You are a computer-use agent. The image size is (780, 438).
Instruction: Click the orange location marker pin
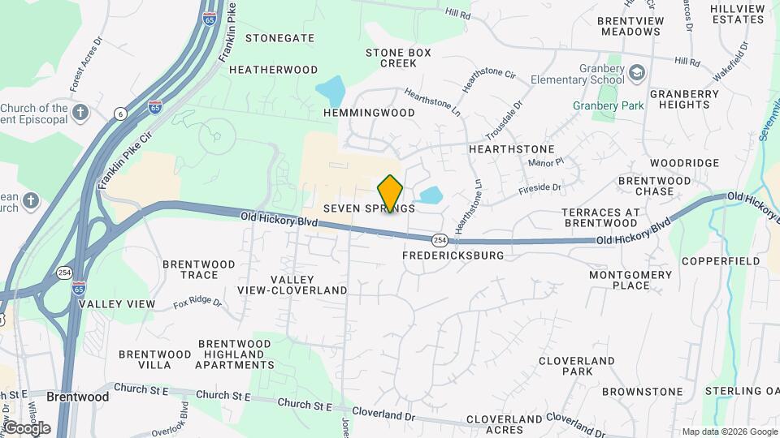click(x=390, y=194)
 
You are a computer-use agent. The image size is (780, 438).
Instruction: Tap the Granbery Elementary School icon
click(x=636, y=73)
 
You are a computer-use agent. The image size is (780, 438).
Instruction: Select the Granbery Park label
click(x=608, y=105)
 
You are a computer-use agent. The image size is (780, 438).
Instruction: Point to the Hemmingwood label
click(x=369, y=113)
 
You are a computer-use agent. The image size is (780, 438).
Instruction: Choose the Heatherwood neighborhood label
click(x=273, y=70)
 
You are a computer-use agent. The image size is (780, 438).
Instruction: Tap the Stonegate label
click(x=279, y=38)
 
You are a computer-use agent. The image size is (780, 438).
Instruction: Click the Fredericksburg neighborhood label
click(x=453, y=255)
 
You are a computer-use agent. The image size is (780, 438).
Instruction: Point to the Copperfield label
click(x=720, y=261)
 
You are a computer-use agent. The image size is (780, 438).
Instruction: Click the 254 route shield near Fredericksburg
click(x=439, y=240)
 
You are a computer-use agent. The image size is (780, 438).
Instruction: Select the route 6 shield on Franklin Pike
click(x=121, y=113)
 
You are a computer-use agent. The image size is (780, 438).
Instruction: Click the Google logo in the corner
click(x=27, y=427)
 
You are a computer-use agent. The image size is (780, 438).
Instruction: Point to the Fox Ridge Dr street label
click(x=197, y=303)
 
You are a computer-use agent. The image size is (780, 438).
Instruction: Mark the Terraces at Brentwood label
click(x=600, y=217)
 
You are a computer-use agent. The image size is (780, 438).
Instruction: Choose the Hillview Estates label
click(x=737, y=14)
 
